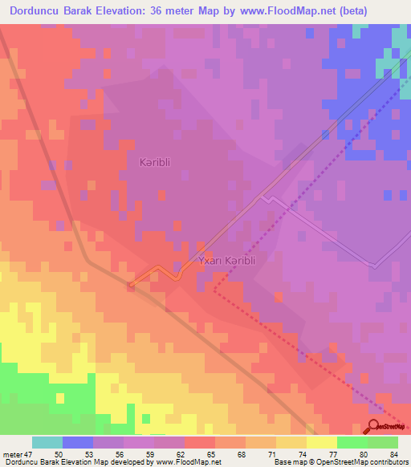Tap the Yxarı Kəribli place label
click(x=222, y=262)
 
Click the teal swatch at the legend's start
click(x=47, y=442)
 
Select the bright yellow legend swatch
click(x=321, y=442)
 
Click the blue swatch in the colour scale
click(x=78, y=442)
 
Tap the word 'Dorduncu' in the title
click(x=36, y=11)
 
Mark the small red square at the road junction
click(x=130, y=284)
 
